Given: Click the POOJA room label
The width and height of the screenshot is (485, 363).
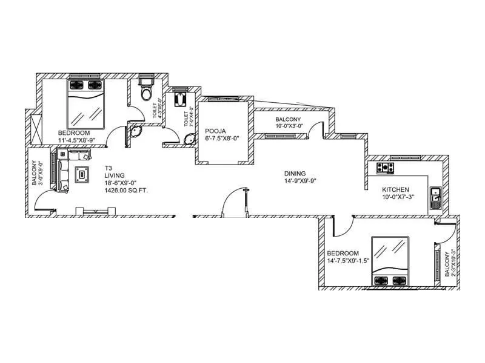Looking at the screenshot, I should click(215, 131).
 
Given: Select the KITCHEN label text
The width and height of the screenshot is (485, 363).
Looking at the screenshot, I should click(395, 189).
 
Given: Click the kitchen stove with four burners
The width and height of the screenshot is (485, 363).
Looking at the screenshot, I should click(386, 167).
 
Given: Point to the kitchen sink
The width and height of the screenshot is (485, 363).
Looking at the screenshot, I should click(435, 197).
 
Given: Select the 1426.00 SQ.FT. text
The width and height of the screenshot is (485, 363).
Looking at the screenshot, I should click(126, 191).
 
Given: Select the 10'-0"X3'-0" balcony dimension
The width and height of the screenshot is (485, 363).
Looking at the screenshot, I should click(290, 126).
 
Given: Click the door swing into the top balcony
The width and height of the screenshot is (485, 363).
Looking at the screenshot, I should click(315, 129).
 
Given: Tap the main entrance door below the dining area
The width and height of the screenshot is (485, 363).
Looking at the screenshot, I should click(234, 201).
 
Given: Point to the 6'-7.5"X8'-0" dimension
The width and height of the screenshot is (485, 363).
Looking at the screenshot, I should click(222, 138).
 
